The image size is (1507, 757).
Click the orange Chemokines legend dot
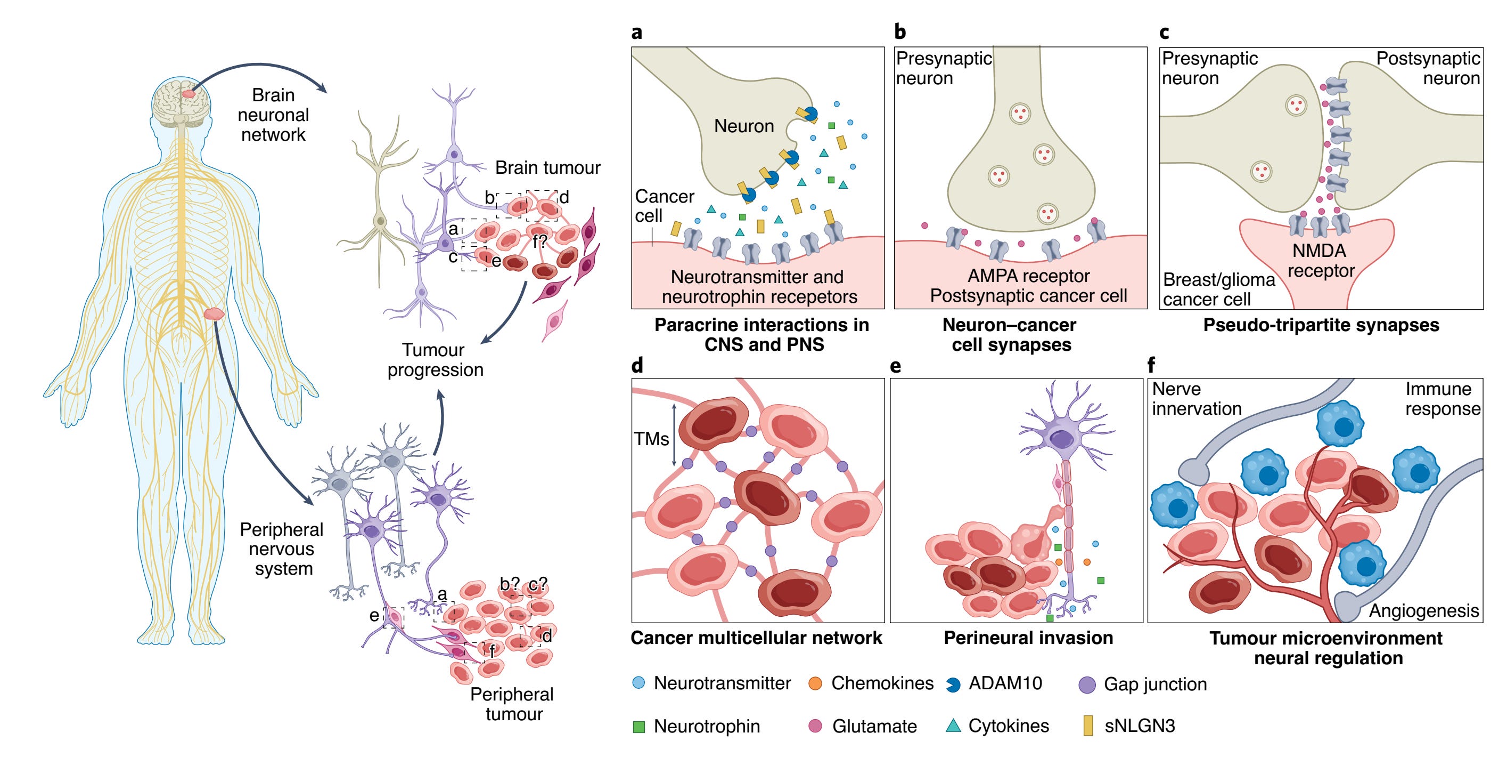815,683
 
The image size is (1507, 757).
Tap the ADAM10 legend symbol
953,684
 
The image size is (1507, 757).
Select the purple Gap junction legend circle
1086,684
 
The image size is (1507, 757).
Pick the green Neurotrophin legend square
639,727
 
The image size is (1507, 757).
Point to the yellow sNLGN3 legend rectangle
1088,726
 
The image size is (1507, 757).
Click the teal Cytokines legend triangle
953,726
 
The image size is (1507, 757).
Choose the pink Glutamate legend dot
815,727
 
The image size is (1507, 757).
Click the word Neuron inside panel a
743,126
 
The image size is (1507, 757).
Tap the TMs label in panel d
651,439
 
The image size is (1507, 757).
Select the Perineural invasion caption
1028,638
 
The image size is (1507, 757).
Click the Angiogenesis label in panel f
1423,610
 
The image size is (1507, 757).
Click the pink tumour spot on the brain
189,93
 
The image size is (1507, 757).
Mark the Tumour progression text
435,359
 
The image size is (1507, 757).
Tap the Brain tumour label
547,168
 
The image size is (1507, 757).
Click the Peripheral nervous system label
282,549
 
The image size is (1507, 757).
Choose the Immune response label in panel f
1442,399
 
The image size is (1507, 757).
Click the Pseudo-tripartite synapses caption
1321,325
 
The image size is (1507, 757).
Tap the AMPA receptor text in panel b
1028,276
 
